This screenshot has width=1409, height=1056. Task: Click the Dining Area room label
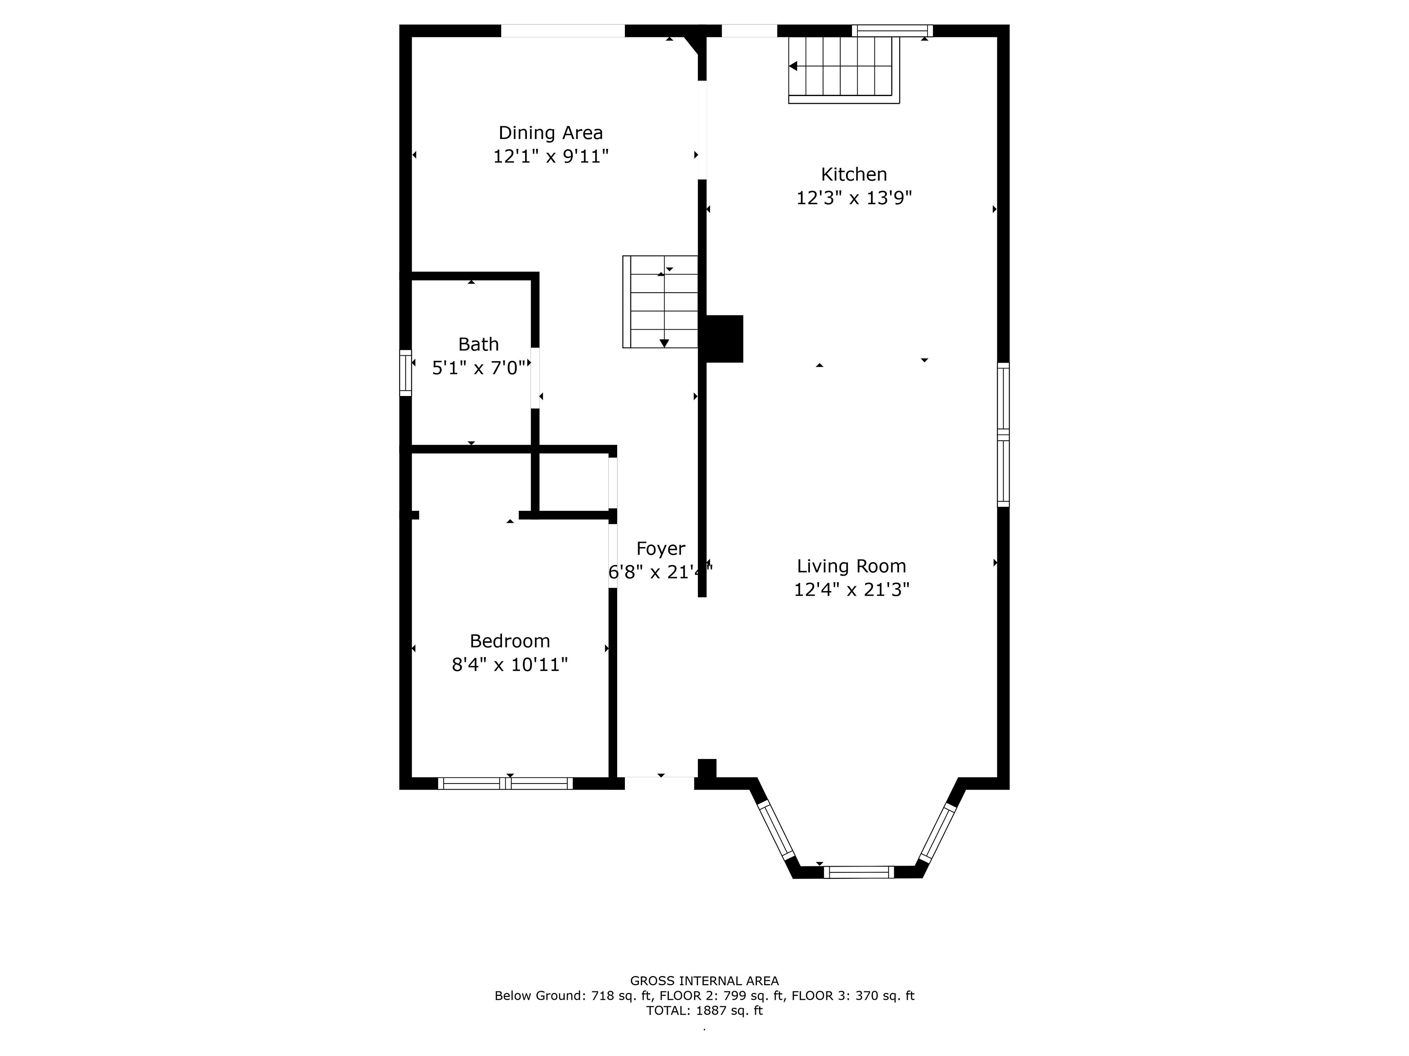pos(550,133)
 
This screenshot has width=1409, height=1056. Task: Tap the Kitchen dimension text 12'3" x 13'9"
pos(853,198)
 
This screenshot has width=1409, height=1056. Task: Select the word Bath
pos(478,344)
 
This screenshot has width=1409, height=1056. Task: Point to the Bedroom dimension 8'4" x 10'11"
pos(510,664)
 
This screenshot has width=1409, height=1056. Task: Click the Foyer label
pos(660,549)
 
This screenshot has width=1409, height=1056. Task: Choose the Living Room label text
pos(851,566)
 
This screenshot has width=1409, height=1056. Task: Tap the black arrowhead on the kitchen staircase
pos(793,66)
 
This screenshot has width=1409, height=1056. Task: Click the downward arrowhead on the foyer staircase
pos(665,343)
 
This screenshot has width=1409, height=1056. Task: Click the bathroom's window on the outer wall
pos(405,373)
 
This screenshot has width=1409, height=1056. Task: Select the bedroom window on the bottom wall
pos(505,784)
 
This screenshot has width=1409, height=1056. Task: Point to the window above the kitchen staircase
pos(892,30)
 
